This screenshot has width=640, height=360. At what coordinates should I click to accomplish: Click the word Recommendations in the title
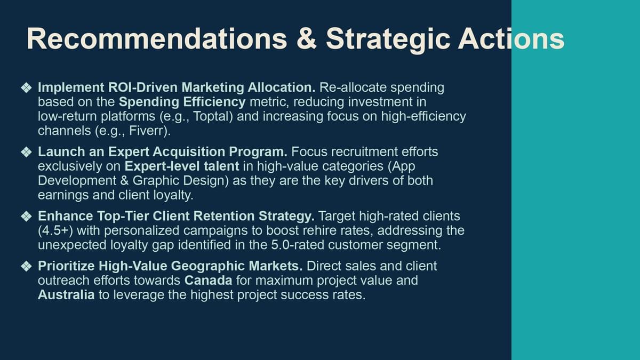[x=157, y=38]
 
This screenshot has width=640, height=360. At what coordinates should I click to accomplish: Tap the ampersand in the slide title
[x=306, y=38]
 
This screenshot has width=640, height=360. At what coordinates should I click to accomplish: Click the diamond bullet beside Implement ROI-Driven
[x=26, y=87]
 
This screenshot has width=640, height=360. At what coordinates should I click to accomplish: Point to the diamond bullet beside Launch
[x=26, y=152]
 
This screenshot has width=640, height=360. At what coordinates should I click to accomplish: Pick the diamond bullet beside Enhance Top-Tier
[x=26, y=217]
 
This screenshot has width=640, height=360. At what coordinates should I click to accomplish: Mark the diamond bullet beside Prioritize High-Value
[x=26, y=266]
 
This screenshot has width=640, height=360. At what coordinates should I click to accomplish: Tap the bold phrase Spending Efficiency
[x=182, y=102]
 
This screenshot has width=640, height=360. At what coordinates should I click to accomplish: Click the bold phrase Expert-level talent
[x=182, y=166]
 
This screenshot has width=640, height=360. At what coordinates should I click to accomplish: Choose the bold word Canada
[x=209, y=281]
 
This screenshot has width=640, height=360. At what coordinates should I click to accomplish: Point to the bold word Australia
[x=66, y=295]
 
